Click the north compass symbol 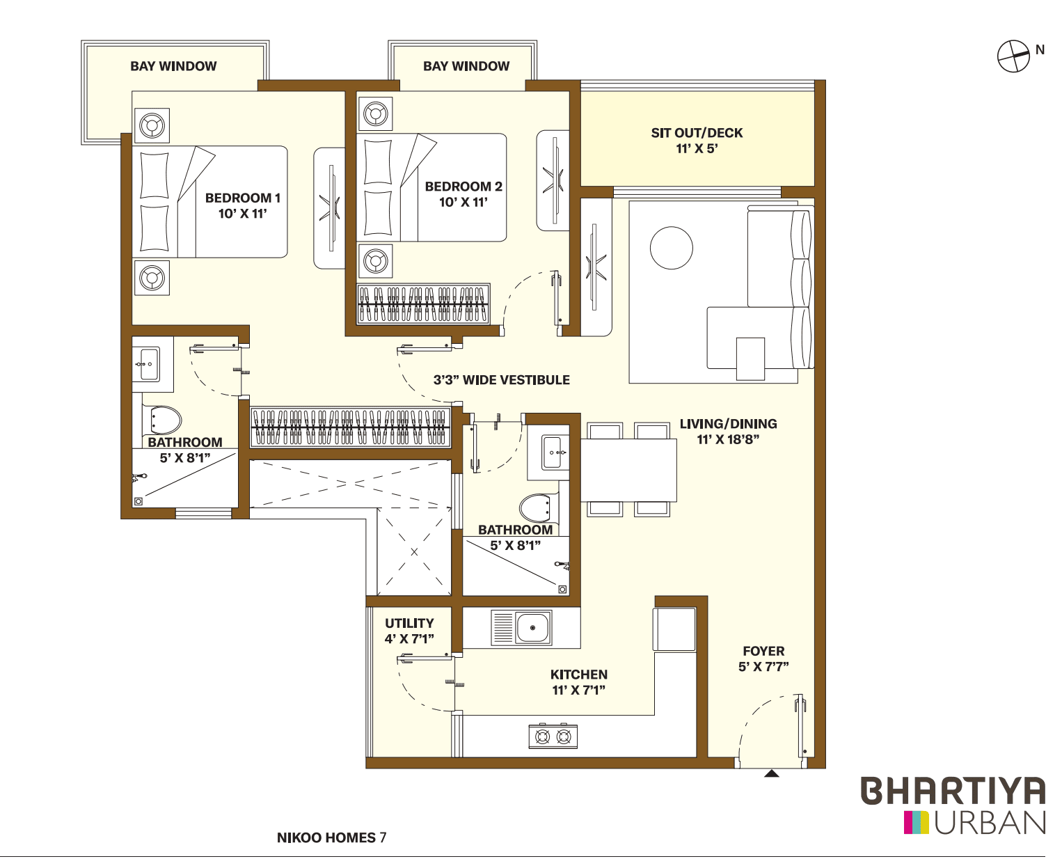click(x=1013, y=56)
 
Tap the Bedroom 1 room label click(x=242, y=198)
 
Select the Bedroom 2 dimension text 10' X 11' click(x=463, y=203)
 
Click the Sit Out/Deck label click(x=697, y=133)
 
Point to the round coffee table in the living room click(x=671, y=248)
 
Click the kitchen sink click(x=532, y=627)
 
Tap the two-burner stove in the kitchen click(x=553, y=736)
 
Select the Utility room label click(x=409, y=623)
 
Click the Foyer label click(x=763, y=651)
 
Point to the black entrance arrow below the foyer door click(x=771, y=773)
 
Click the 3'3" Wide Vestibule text click(x=501, y=380)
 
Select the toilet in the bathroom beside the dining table click(x=535, y=508)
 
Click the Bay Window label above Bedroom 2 click(x=466, y=66)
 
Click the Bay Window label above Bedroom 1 click(x=173, y=66)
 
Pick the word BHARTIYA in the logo click(x=953, y=791)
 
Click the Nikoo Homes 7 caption click(x=331, y=837)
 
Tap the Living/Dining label click(x=728, y=424)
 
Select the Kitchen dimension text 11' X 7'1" click(x=578, y=691)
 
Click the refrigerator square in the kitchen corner click(x=674, y=629)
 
